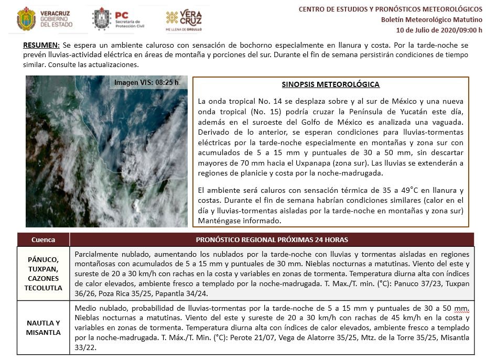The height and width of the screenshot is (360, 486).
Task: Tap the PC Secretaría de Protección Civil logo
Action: (x=118, y=19)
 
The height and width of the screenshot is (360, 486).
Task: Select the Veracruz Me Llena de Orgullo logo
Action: (x=183, y=20)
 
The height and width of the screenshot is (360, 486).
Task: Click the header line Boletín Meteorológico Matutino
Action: (x=431, y=19)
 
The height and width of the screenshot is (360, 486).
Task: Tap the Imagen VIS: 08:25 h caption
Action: (x=147, y=82)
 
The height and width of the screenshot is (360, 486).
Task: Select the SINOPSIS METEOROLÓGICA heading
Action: (x=330, y=84)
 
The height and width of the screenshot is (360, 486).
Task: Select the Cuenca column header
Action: (x=43, y=239)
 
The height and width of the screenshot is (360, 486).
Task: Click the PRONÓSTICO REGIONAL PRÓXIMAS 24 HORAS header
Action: (x=272, y=239)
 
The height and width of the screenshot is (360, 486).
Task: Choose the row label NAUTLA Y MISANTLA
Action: (x=43, y=328)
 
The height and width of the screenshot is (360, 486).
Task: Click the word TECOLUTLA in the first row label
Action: (x=43, y=288)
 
